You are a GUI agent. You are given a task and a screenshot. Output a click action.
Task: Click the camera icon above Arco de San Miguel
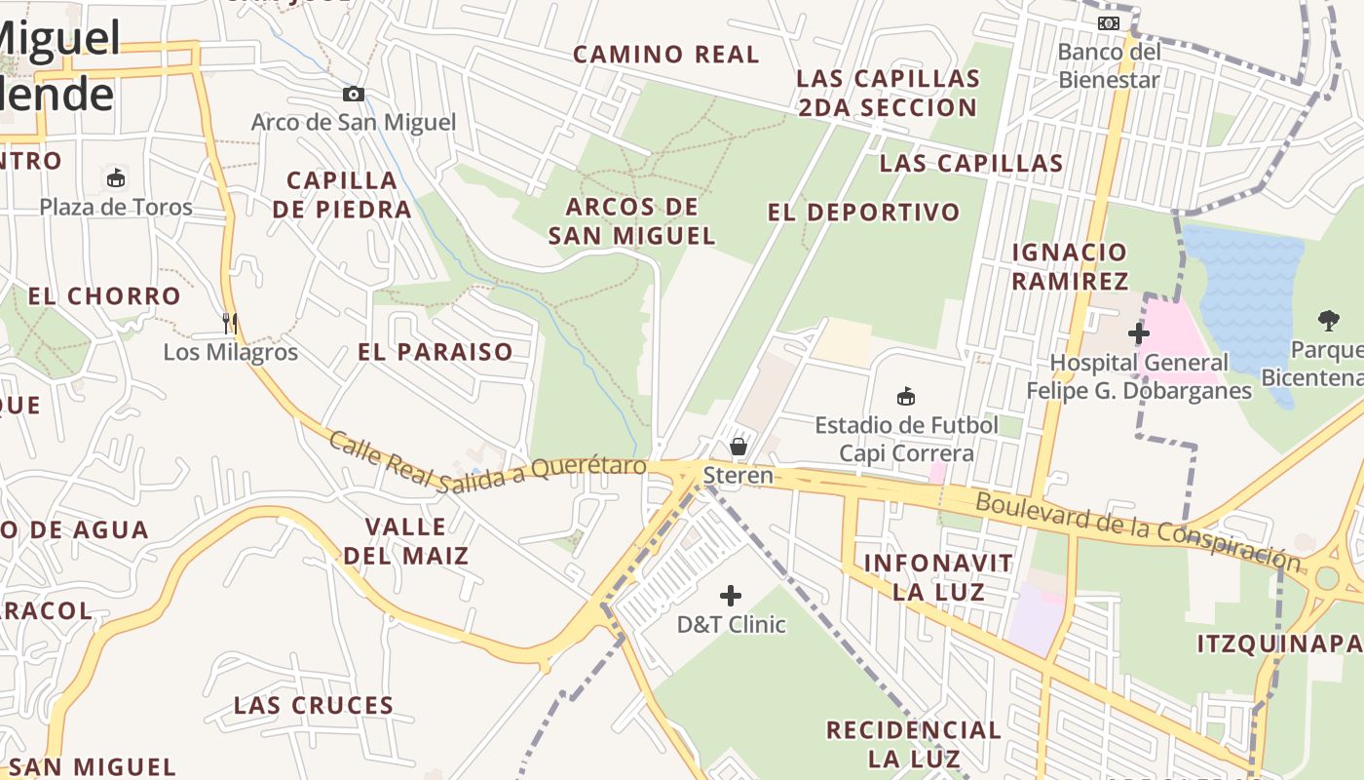coord(354,95)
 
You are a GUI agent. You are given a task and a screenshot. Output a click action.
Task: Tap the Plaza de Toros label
coord(116,207)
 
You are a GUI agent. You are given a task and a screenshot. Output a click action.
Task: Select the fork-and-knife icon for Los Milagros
coord(230,323)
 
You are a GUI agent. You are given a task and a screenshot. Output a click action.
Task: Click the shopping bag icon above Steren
coord(739,447)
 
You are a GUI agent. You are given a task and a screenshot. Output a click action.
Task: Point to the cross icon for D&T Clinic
coord(730,596)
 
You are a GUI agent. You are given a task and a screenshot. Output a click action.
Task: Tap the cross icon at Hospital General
coord(1138,333)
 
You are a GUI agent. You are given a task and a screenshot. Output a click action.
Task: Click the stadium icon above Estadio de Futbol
coord(906,396)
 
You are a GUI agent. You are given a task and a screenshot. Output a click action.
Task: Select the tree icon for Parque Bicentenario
coord(1328,320)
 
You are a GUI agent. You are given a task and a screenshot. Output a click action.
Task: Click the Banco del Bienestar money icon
coord(1109,23)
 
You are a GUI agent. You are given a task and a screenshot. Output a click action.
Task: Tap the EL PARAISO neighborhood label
coord(436,352)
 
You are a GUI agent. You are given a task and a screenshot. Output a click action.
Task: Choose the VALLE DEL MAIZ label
coord(405,541)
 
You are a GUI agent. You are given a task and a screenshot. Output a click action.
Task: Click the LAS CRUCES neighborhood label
coord(314,705)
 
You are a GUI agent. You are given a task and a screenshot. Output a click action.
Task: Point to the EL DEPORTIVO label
coord(863,213)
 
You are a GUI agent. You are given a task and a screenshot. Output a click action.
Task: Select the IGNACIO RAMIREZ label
coord(1070,266)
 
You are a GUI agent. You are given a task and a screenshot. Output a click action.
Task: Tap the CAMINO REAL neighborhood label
coord(665,55)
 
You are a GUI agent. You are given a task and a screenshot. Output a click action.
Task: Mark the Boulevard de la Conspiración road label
coord(1138,530)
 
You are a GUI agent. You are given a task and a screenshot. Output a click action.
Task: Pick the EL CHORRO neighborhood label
coord(104,296)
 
